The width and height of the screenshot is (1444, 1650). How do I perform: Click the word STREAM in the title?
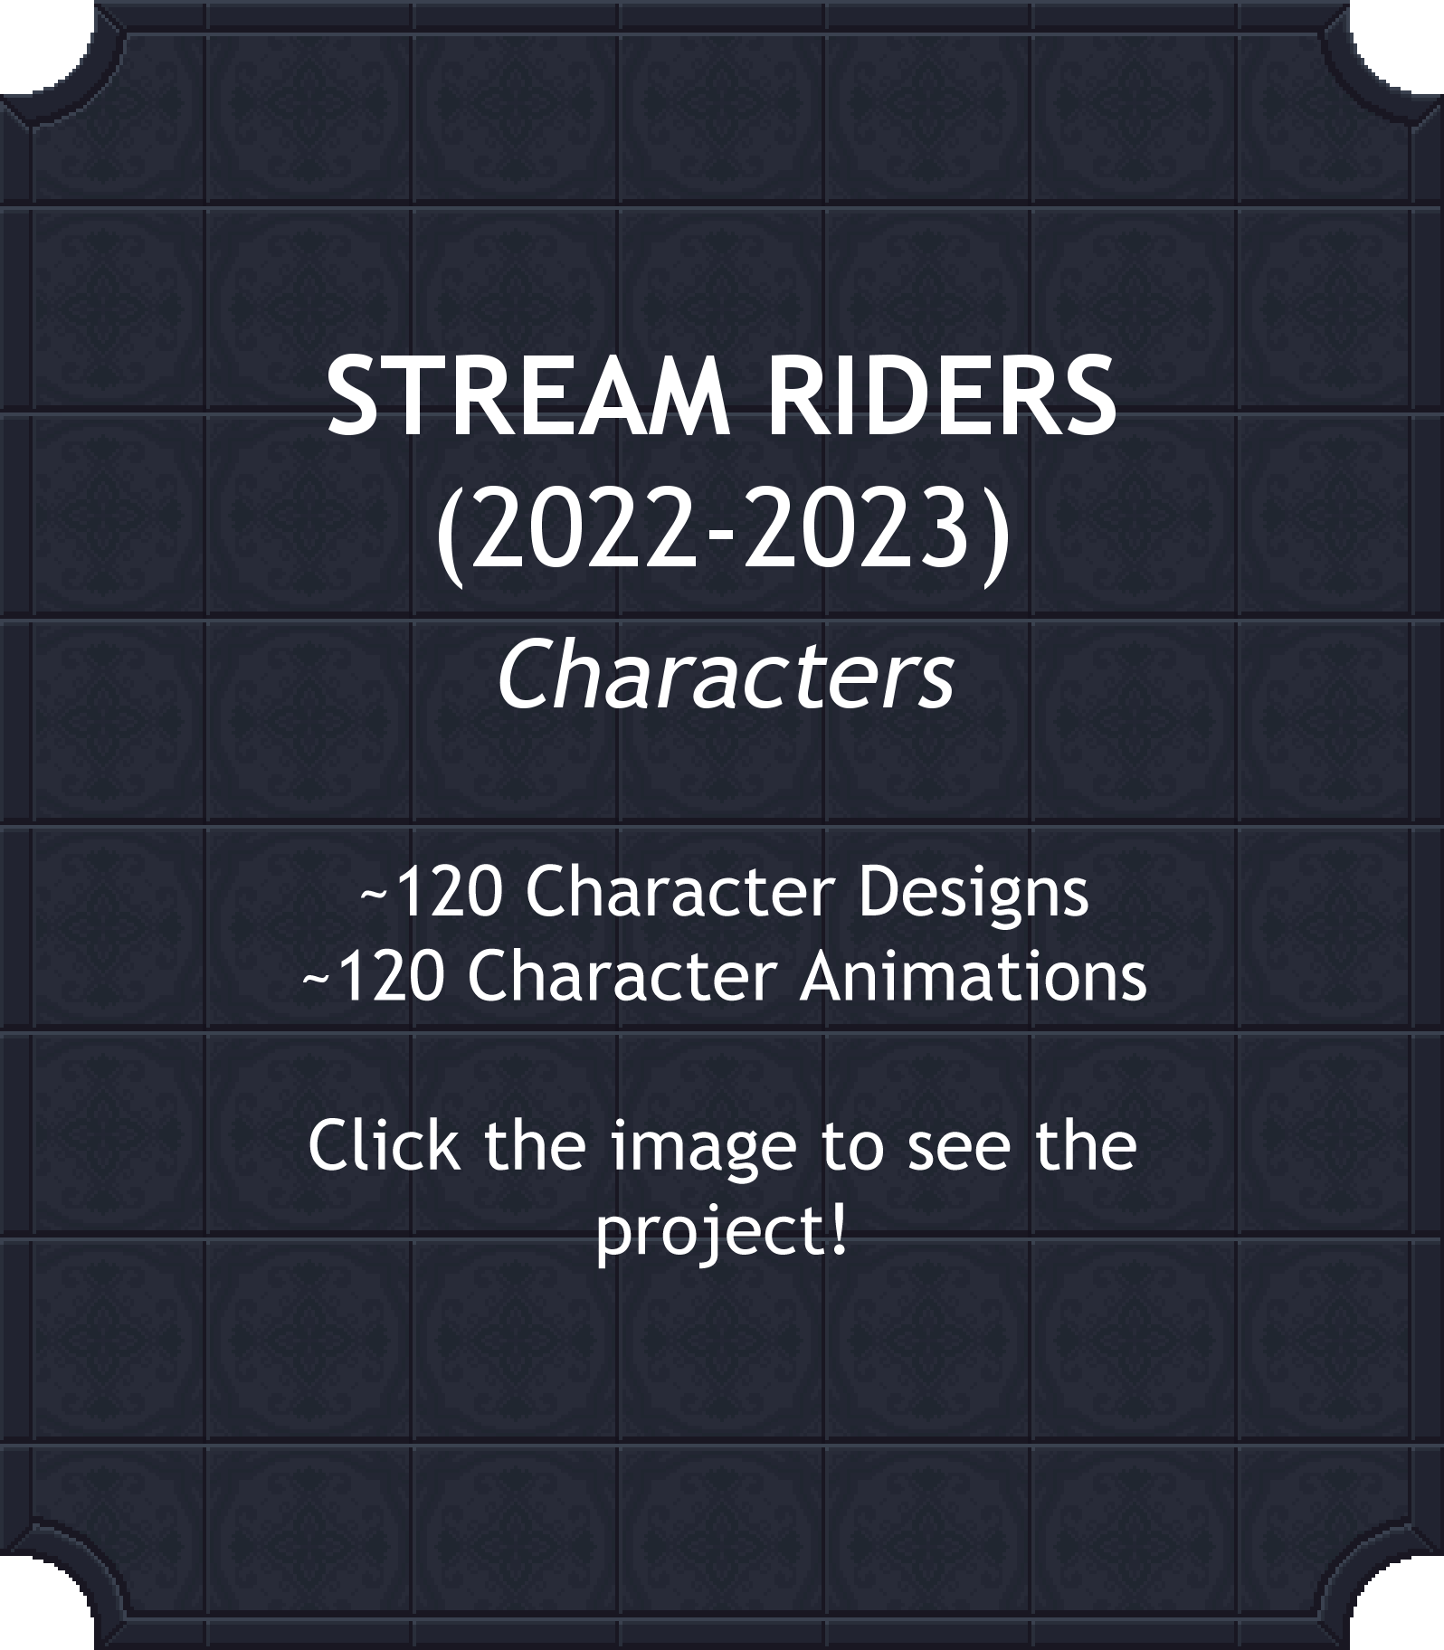528,396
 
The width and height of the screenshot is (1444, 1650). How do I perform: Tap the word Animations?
973,978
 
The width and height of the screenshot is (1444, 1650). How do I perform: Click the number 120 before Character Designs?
448,892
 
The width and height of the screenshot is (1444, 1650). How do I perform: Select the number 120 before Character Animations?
390,978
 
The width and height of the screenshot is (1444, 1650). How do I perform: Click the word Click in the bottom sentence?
383,1144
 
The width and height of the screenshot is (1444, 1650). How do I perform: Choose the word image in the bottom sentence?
702,1149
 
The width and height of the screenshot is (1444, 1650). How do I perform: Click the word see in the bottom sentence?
960,1151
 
